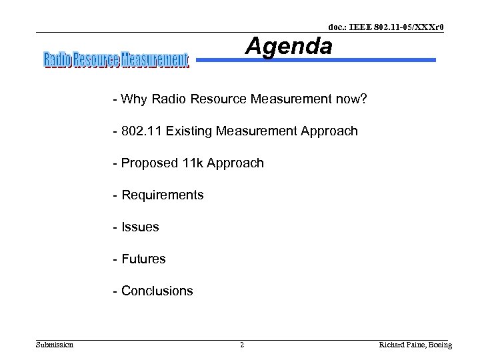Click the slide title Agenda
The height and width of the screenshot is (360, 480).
pyautogui.click(x=288, y=47)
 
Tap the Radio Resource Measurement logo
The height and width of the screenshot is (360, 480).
pyautogui.click(x=116, y=61)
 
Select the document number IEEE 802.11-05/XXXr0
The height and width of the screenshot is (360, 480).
pyautogui.click(x=386, y=27)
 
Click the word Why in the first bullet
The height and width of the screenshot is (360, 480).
pyautogui.click(x=134, y=99)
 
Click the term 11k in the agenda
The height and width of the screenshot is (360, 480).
pyautogui.click(x=193, y=163)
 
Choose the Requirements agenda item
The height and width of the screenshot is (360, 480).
pyautogui.click(x=162, y=195)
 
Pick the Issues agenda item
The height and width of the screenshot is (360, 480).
pyautogui.click(x=140, y=227)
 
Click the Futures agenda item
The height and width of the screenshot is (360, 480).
pyautogui.click(x=143, y=259)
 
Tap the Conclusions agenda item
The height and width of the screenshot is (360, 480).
pyautogui.click(x=157, y=291)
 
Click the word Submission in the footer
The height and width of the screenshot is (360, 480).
pyautogui.click(x=55, y=345)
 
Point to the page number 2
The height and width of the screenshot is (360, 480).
pyautogui.click(x=242, y=345)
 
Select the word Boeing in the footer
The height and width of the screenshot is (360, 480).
pyautogui.click(x=439, y=345)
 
